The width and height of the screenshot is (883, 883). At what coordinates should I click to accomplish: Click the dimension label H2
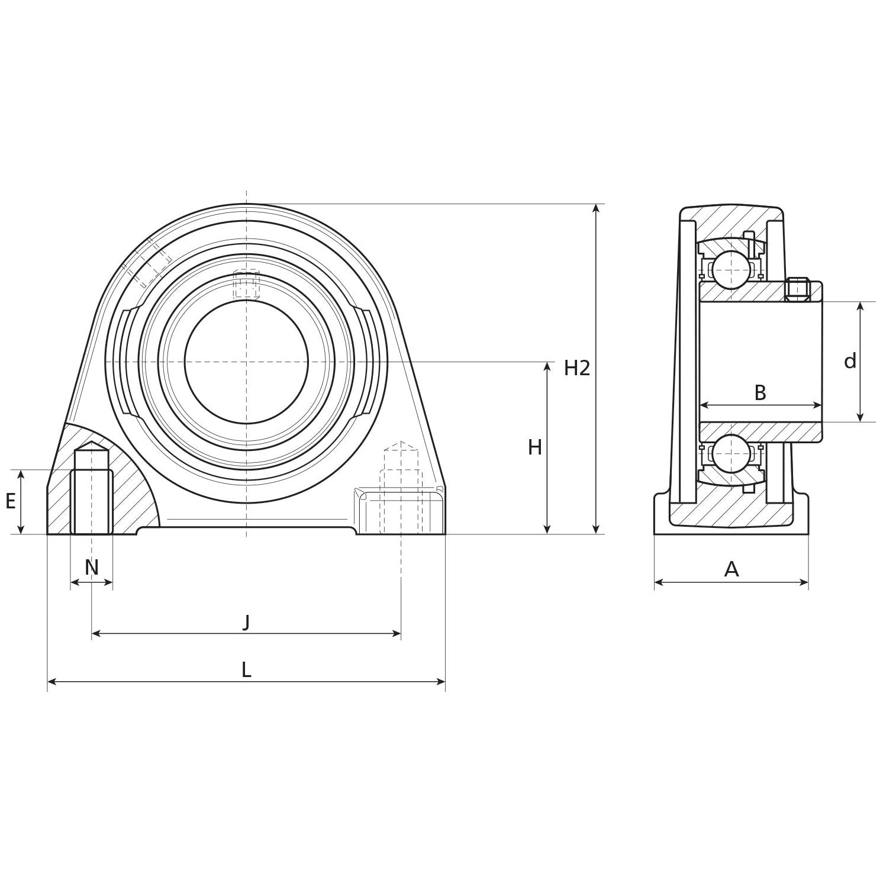tap(576, 368)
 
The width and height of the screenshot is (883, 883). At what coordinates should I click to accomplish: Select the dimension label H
tap(534, 448)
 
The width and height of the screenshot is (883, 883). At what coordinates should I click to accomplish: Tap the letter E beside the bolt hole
tap(11, 502)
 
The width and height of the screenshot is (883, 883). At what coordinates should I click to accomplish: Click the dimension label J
tap(246, 621)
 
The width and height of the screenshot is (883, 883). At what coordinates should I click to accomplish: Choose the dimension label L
tap(246, 670)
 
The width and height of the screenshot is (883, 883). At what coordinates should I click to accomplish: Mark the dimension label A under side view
tap(731, 569)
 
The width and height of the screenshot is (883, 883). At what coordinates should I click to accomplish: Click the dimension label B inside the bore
tap(760, 392)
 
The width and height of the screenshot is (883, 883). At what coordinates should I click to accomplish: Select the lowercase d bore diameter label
tap(850, 361)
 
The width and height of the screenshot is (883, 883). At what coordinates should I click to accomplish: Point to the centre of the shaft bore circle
tap(246, 362)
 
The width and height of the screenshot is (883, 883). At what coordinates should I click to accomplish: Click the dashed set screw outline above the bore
tap(246, 284)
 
